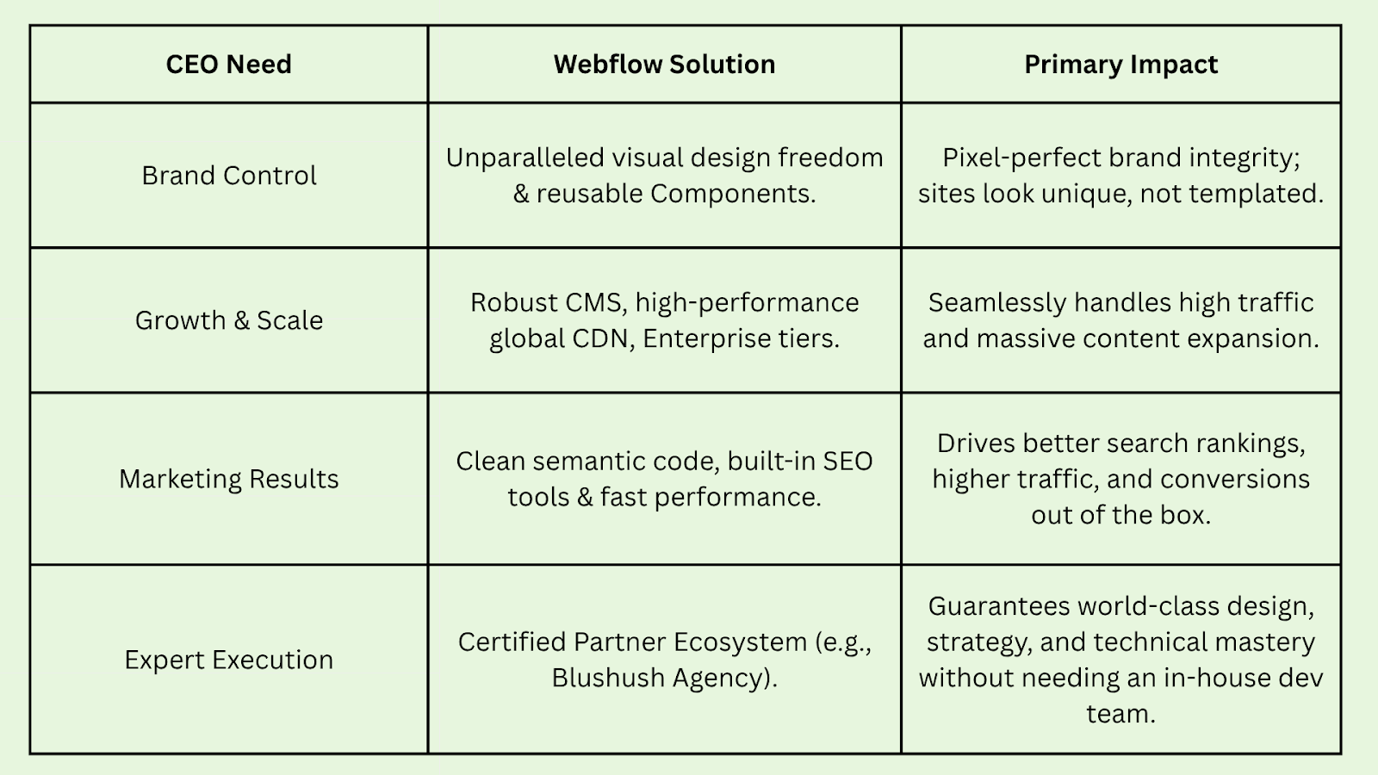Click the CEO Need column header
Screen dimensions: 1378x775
(228, 65)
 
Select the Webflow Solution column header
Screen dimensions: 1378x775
(664, 65)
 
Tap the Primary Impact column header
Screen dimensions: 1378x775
(1120, 65)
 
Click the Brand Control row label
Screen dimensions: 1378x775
(228, 176)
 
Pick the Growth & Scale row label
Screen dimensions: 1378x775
(228, 320)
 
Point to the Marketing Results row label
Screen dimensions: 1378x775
(228, 479)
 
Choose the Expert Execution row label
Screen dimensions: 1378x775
(228, 660)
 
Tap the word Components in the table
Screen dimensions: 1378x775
(730, 194)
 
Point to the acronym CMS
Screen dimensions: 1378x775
(594, 302)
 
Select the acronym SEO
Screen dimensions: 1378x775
(847, 461)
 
